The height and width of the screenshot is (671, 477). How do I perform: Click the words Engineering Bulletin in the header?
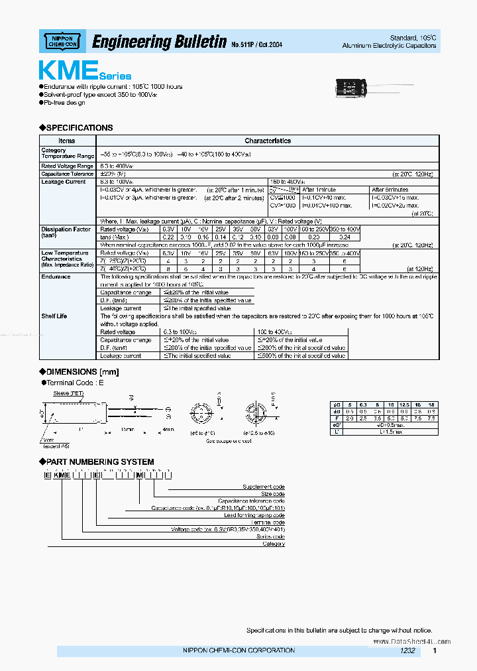[159, 42]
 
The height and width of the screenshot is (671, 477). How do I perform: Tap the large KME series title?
[84, 70]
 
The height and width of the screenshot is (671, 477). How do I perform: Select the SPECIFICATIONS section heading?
[79, 127]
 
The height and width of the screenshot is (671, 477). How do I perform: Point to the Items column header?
[66, 141]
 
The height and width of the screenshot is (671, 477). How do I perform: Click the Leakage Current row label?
[63, 182]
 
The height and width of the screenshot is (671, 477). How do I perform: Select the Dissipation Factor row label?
[66, 229]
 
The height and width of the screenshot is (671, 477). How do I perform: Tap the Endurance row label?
[56, 276]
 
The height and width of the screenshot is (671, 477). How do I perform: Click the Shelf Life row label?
[54, 316]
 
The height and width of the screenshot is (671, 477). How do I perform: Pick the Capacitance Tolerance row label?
[66, 174]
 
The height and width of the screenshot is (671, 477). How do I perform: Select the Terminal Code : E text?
[76, 383]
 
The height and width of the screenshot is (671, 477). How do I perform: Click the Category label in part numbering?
[273, 544]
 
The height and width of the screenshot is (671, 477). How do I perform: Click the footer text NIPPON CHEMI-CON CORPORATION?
[238, 650]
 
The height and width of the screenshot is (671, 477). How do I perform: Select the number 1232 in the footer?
[407, 651]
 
